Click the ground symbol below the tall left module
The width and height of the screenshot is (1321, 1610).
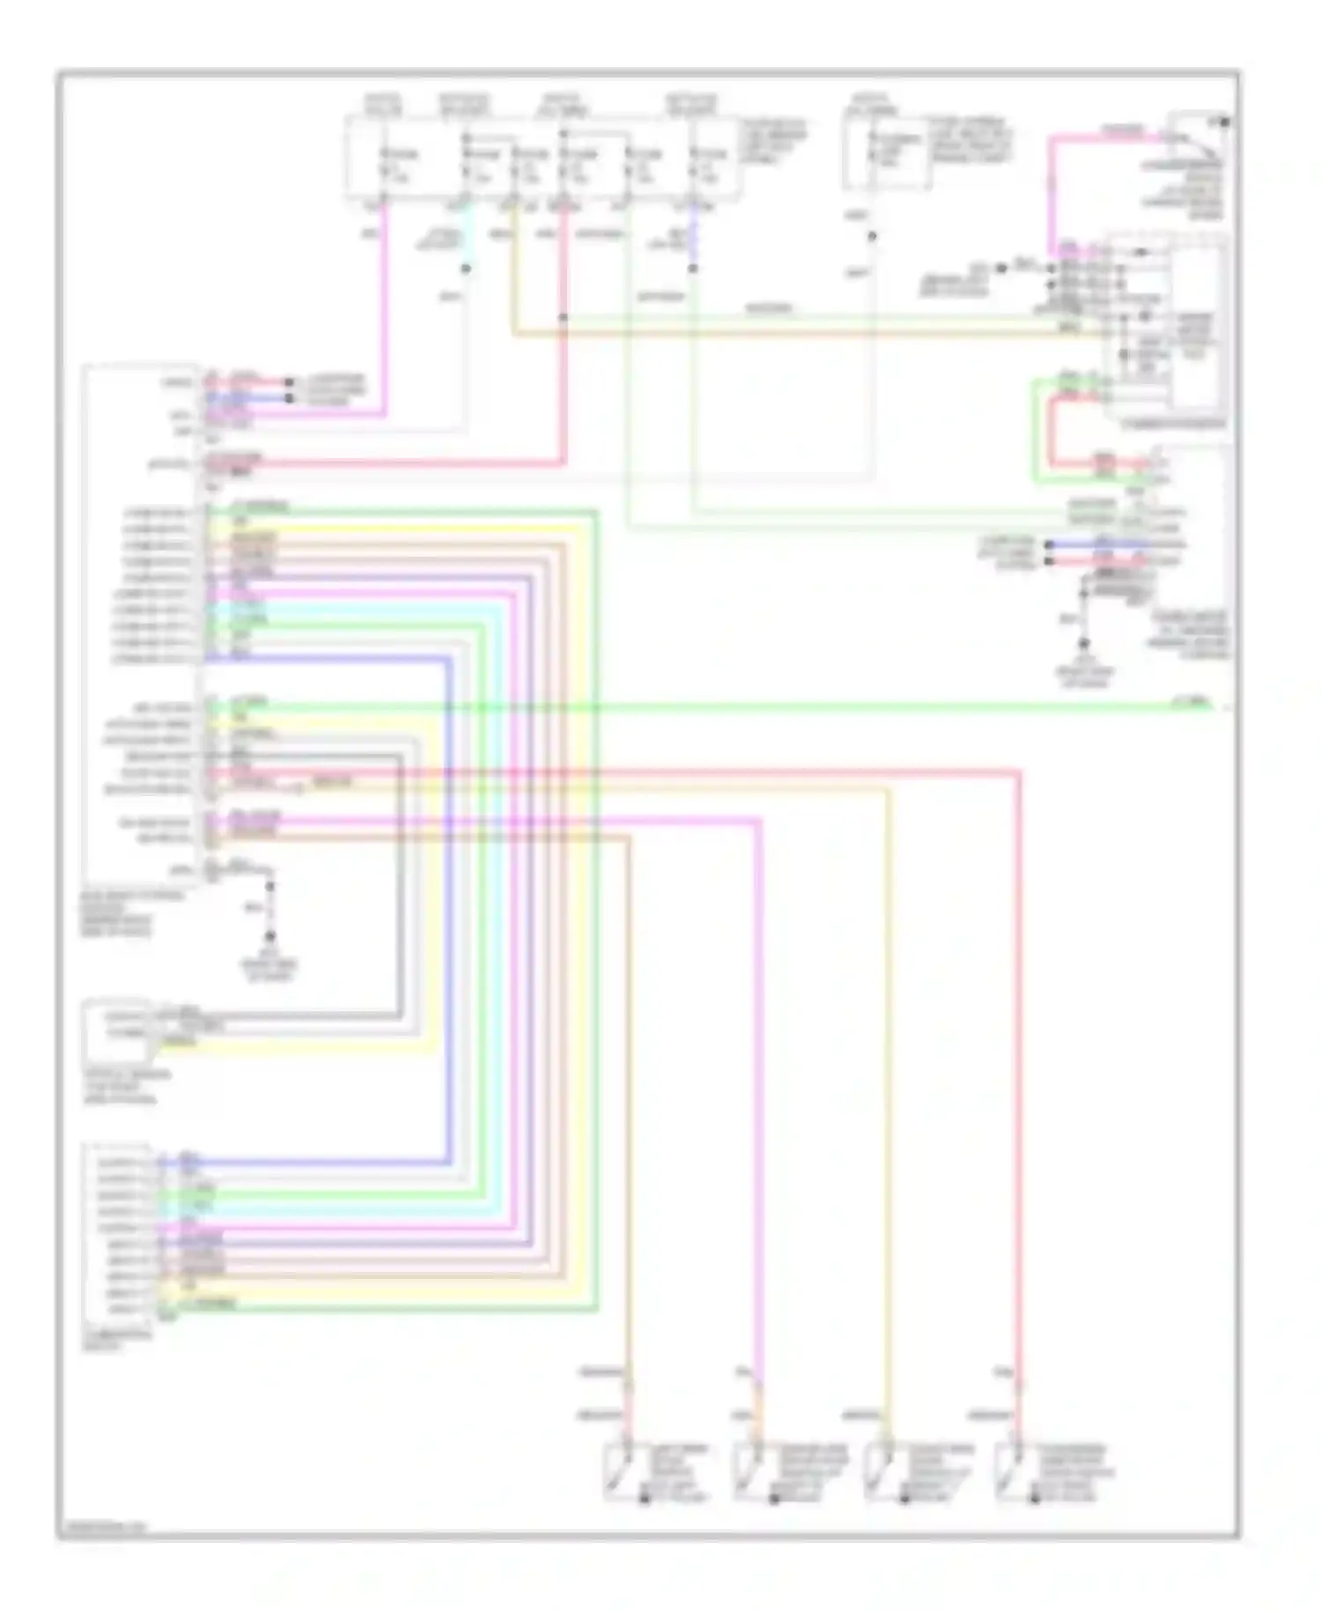(270, 937)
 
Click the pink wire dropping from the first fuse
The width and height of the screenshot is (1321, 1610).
(385, 308)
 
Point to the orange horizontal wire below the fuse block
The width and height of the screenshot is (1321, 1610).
(793, 335)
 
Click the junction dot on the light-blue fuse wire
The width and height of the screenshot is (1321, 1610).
(466, 268)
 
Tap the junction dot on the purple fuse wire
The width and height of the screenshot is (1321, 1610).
(693, 268)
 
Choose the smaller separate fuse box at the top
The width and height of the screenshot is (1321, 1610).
(886, 151)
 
